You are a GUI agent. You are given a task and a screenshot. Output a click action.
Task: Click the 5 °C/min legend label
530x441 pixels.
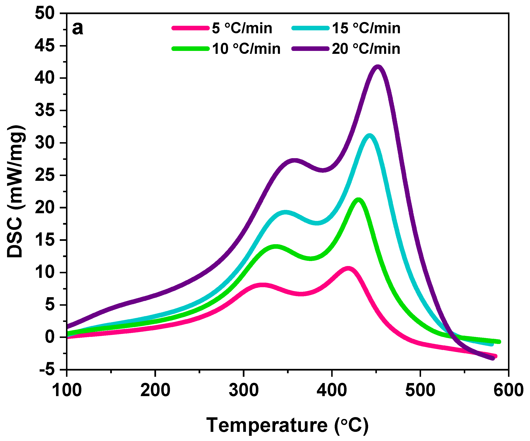point(242,28)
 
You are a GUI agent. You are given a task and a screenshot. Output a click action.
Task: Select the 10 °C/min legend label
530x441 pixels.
point(246,49)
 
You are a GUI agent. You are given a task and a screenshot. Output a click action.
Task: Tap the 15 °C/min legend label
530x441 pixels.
point(366,28)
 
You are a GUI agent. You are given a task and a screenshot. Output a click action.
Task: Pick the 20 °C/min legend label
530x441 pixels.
point(366,49)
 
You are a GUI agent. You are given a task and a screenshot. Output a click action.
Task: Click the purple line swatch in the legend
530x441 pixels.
point(310,48)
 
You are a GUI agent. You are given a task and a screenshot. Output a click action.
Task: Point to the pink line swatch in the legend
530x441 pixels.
point(191,28)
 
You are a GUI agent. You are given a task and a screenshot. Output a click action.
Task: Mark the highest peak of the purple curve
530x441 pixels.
point(377,67)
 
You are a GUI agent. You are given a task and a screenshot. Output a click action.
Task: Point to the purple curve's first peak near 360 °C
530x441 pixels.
point(294,161)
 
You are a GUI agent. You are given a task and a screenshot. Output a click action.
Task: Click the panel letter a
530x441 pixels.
point(77,28)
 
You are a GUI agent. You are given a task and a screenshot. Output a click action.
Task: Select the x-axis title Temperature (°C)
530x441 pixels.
point(287,425)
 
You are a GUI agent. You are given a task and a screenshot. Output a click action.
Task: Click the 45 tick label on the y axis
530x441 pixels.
point(45,46)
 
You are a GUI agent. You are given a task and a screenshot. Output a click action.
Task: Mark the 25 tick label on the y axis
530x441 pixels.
point(45,175)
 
